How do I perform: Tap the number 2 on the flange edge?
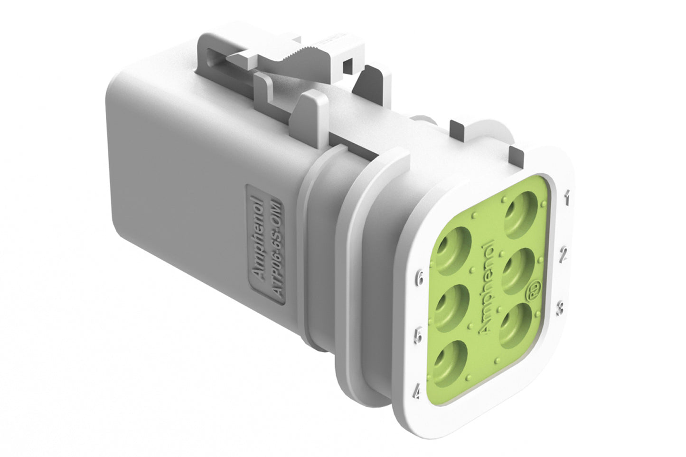pyautogui.click(x=564, y=255)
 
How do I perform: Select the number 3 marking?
pyautogui.click(x=561, y=308)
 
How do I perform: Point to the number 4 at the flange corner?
pyautogui.click(x=418, y=392)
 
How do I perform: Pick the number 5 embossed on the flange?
pyautogui.click(x=418, y=336)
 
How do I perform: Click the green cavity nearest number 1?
pyautogui.click(x=521, y=214)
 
